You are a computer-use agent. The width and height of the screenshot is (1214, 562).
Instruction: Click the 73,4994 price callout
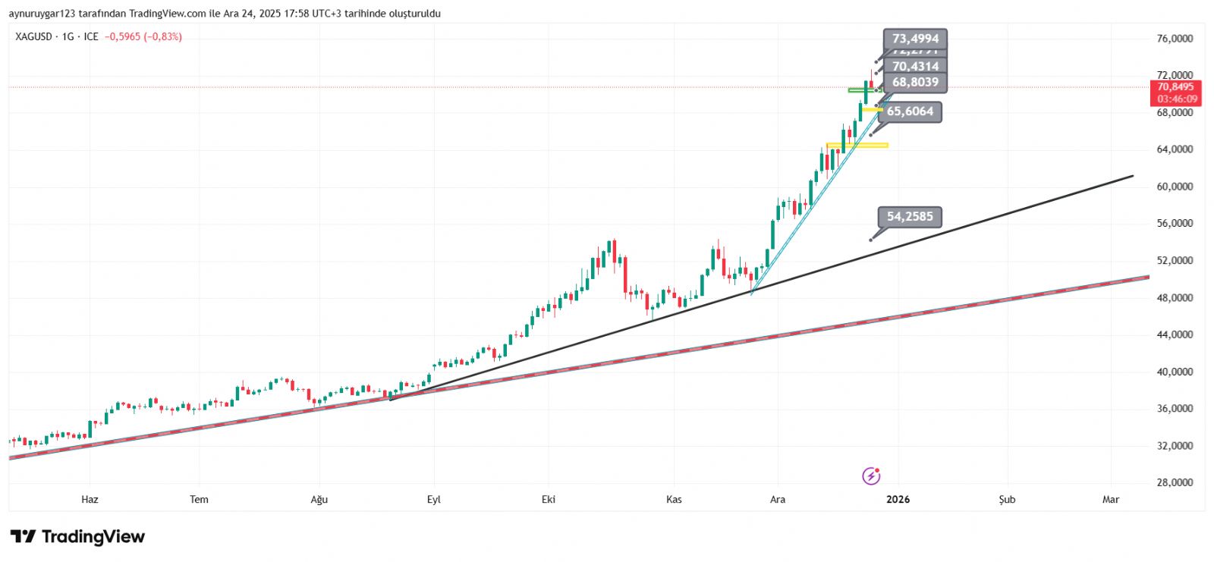[x=915, y=39]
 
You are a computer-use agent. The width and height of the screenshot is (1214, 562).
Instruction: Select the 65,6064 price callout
[x=910, y=111]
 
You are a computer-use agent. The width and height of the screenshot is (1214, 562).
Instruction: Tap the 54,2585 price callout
[x=910, y=217]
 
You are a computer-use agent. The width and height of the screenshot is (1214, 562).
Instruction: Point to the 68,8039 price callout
[x=915, y=83]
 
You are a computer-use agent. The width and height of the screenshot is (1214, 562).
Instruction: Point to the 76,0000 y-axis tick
[x=1175, y=39]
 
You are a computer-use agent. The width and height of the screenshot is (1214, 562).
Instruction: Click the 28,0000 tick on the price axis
[x=1175, y=482]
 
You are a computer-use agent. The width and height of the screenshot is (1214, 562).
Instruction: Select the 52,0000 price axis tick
[x=1175, y=261]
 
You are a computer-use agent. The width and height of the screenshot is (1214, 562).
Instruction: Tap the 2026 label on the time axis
[x=898, y=499]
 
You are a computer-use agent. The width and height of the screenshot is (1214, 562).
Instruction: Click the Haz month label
[x=90, y=499]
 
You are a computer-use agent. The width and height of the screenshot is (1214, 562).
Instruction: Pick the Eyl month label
[x=434, y=499]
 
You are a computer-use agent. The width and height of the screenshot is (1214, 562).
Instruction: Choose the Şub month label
[x=1007, y=499]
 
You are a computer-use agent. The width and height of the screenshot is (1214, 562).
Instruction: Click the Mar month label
[x=1111, y=499]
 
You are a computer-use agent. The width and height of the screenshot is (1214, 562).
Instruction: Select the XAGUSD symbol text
[x=33, y=36]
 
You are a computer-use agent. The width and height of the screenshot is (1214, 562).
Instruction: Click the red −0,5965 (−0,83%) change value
[x=143, y=36]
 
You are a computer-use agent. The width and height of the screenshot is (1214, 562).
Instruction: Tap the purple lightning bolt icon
[x=871, y=476]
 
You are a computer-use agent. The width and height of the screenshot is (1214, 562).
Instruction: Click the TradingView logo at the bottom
[x=77, y=537]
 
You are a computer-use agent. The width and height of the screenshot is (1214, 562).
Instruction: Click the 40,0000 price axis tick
[x=1175, y=372]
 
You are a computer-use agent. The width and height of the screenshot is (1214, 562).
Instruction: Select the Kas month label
[x=674, y=499]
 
